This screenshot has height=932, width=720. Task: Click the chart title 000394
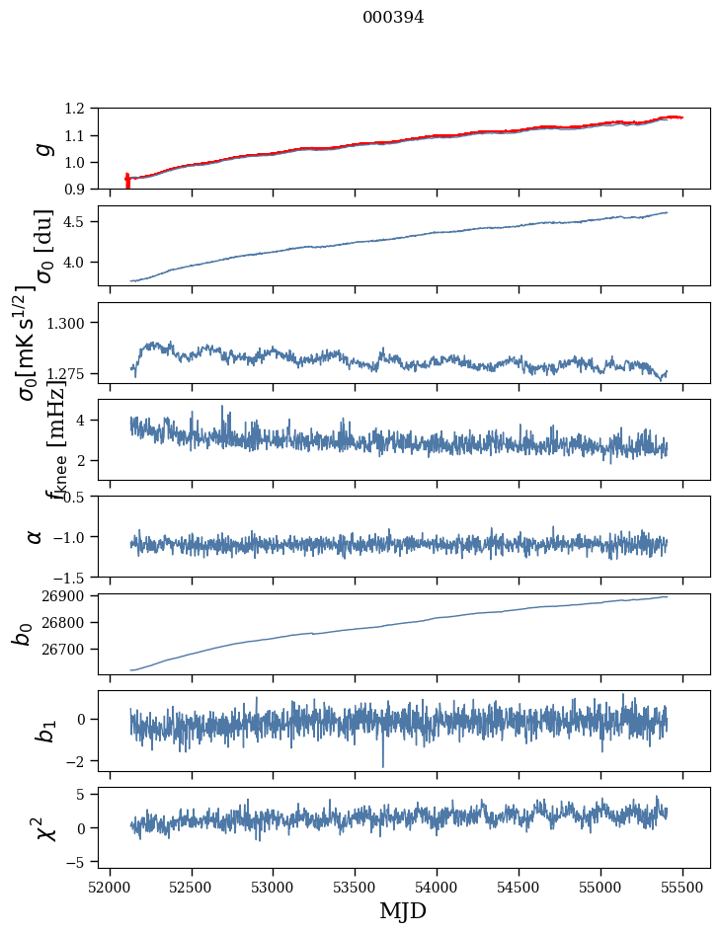click(392, 18)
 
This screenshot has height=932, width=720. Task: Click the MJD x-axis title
click(403, 911)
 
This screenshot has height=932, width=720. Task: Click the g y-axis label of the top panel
click(41, 148)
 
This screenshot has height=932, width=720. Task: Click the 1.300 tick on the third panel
click(78, 323)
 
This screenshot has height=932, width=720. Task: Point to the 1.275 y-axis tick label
click(78, 374)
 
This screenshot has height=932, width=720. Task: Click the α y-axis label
click(35, 536)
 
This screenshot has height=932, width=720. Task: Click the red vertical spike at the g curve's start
click(127, 181)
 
